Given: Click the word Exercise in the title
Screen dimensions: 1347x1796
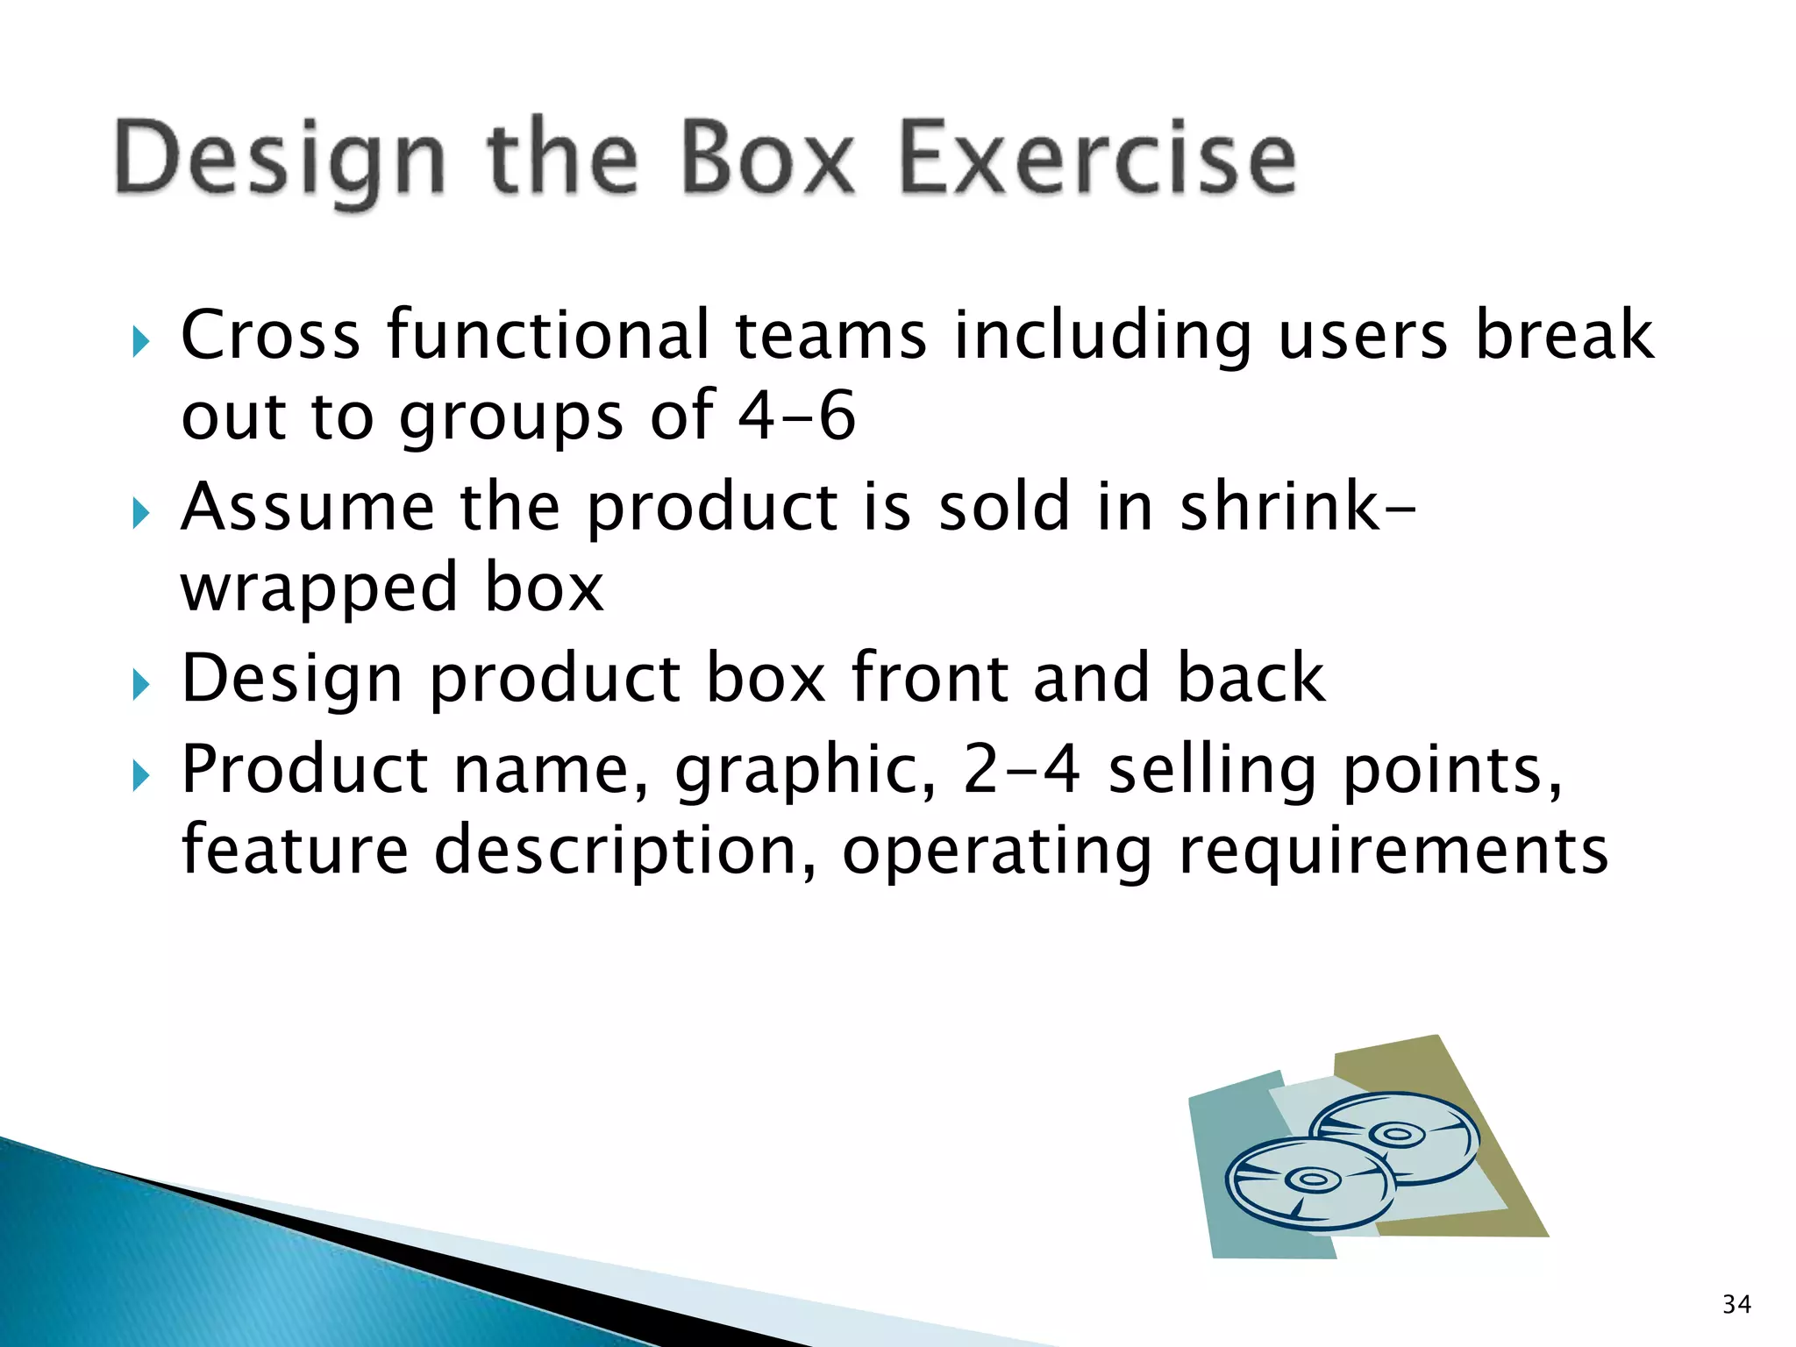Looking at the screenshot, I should [1097, 160].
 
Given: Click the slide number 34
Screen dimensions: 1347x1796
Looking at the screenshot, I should [1736, 1304].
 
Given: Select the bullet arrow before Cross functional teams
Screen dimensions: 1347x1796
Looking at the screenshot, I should [140, 341].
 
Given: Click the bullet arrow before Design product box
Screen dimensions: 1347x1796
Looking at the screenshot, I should [140, 684].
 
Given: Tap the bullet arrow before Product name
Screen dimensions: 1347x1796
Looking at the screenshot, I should [140, 775].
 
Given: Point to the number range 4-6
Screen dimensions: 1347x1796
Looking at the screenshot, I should [796, 416].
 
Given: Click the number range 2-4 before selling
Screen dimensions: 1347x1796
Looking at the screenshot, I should [1021, 769].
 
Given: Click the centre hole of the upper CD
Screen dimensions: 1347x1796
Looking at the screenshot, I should [1396, 1134].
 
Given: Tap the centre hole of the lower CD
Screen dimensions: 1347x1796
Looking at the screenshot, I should [1312, 1180].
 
